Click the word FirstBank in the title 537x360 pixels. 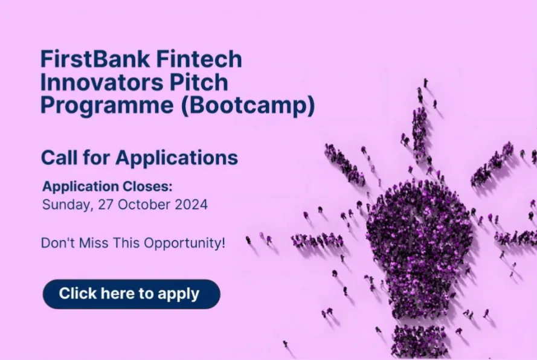pos(95,59)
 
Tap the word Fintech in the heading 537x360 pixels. pos(199,59)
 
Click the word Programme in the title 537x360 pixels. pos(107,106)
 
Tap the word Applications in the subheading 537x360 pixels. pos(177,158)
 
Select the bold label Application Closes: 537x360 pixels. pos(107,187)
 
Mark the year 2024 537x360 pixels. pos(191,205)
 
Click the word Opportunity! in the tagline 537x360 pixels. pos(185,243)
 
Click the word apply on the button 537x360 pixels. pos(178,294)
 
